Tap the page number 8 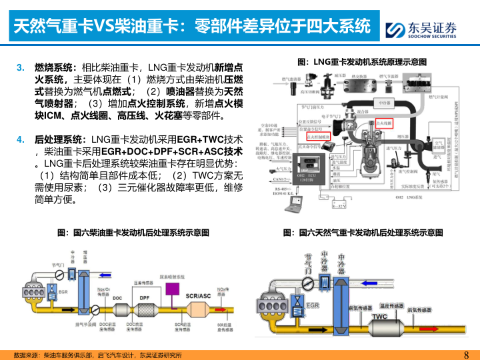pyautogui.click(x=466, y=354)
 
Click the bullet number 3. pyautogui.click(x=20, y=67)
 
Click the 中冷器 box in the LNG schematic pyautogui.click(x=382, y=103)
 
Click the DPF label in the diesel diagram pyautogui.click(x=145, y=297)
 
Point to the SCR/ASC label pyautogui.click(x=198, y=295)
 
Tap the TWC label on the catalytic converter pyautogui.click(x=380, y=316)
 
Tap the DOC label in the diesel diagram pyautogui.click(x=117, y=297)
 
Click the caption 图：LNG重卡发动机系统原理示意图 pyautogui.click(x=361, y=61)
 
